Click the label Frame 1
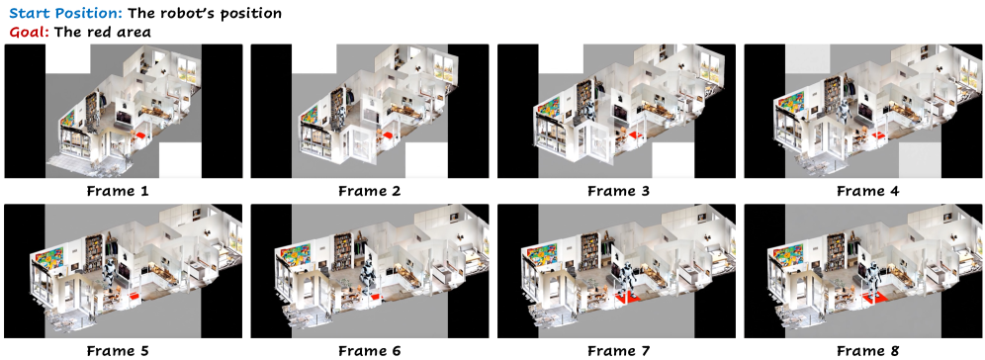[x=123, y=190]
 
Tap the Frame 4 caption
[x=863, y=190]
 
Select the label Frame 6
[x=370, y=350]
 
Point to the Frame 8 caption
[x=863, y=350]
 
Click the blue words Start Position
[x=64, y=13]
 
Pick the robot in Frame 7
[x=626, y=280]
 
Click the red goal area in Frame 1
[x=140, y=136]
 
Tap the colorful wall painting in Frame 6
[x=297, y=260]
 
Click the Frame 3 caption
[x=617, y=190]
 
